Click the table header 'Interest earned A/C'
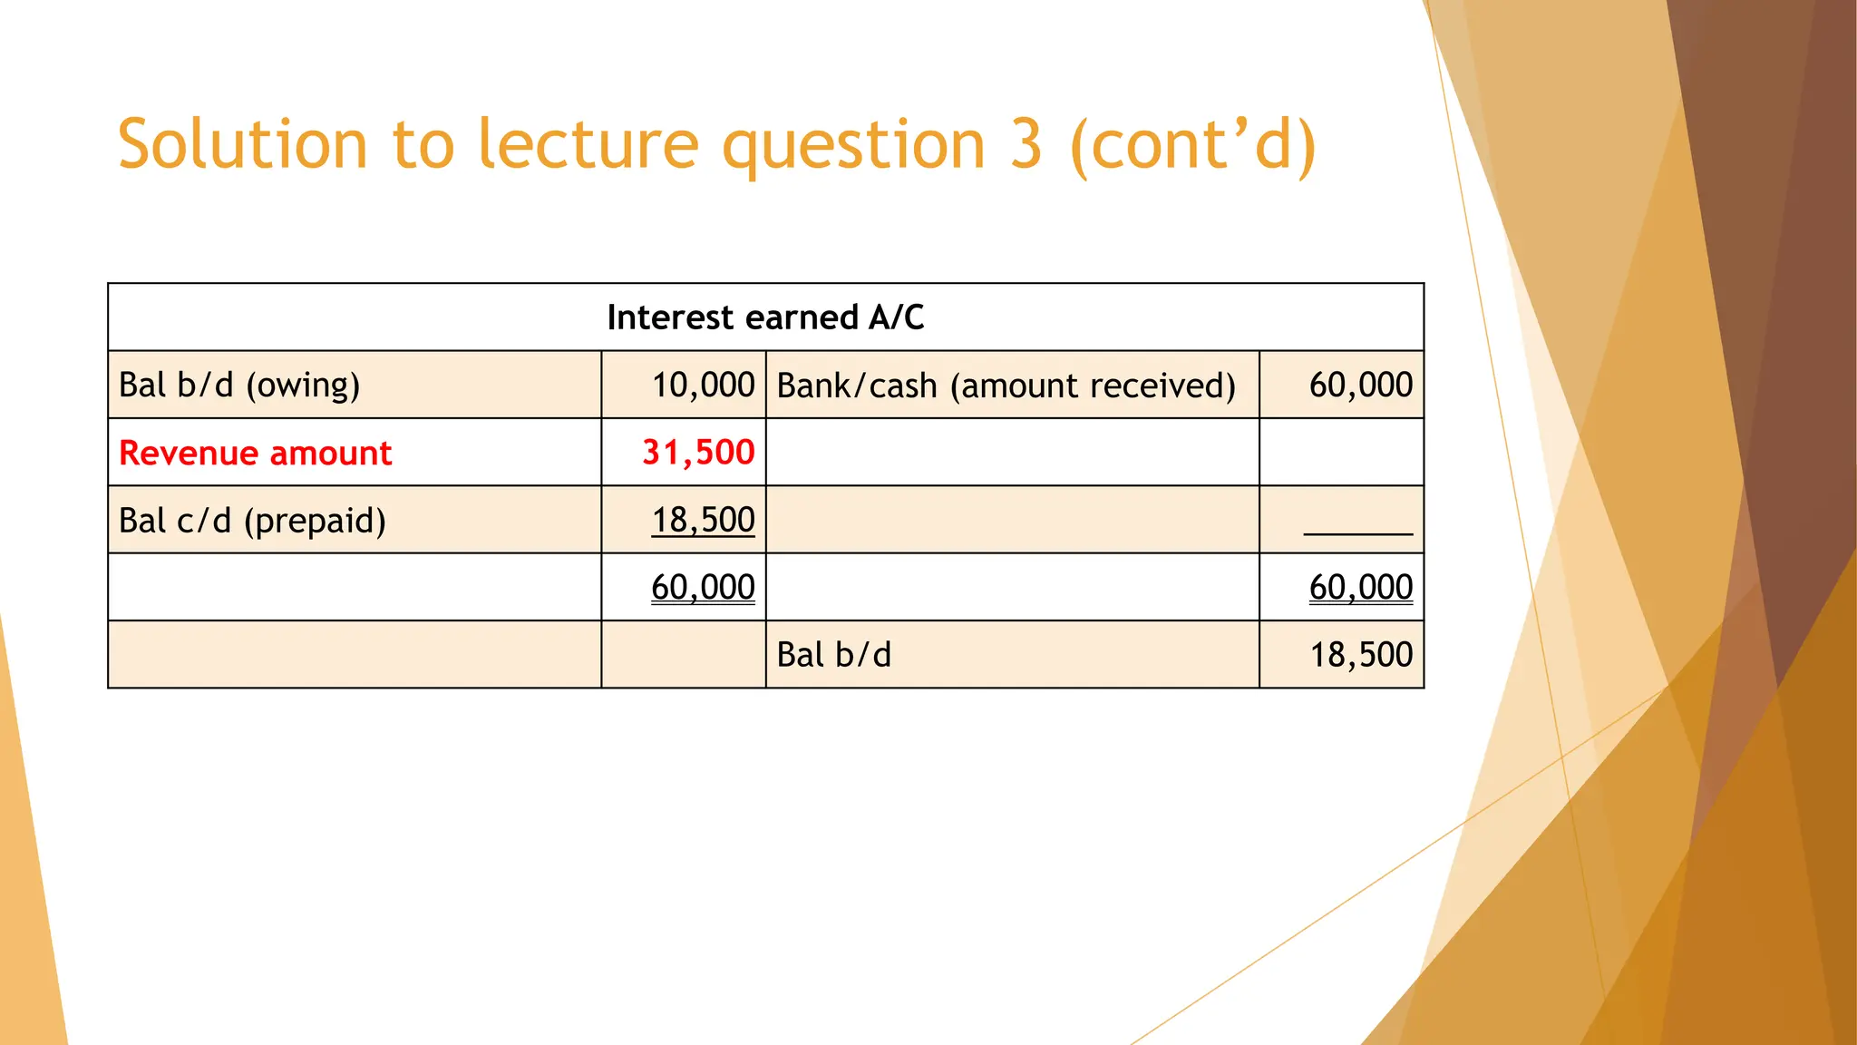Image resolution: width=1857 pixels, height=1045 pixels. click(765, 317)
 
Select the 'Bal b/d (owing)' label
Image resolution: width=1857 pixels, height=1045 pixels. click(239, 386)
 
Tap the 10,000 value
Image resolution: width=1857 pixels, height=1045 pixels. click(703, 386)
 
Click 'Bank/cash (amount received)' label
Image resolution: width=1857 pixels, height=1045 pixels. click(1006, 386)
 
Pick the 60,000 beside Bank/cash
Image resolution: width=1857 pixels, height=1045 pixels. click(1360, 386)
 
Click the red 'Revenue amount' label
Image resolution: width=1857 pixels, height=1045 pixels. click(255, 453)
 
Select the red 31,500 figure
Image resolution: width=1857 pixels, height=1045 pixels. click(698, 453)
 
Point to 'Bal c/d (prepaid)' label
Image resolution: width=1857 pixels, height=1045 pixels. click(252, 521)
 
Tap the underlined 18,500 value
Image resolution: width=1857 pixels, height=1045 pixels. click(703, 520)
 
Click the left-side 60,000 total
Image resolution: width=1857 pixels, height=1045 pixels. click(703, 588)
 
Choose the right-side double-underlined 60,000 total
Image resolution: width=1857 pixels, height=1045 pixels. click(1360, 588)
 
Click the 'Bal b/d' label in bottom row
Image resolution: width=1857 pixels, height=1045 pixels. click(833, 655)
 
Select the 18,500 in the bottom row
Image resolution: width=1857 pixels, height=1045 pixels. click(1360, 655)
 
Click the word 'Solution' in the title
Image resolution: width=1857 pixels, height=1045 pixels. click(242, 144)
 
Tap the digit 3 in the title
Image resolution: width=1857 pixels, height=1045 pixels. click(1026, 144)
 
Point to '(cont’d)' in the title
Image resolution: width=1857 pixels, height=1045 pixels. click(1192, 144)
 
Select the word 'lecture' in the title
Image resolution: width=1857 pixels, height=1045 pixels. click(588, 144)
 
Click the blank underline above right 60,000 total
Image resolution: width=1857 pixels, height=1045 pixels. click(1357, 532)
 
